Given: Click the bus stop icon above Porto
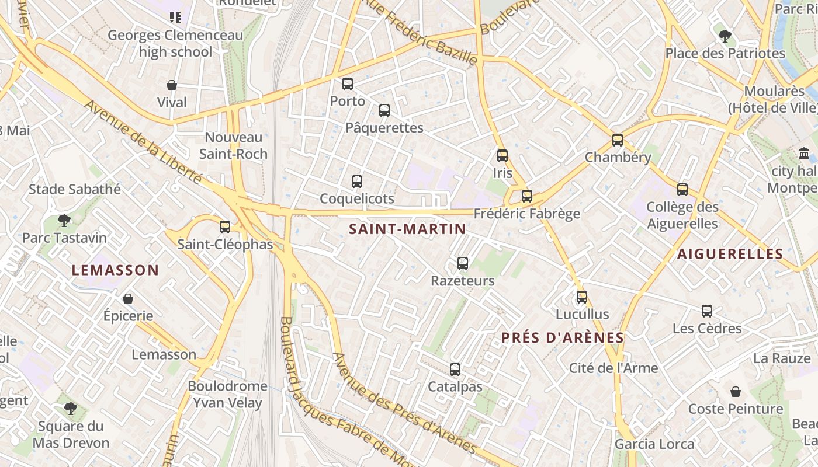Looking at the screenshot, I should (x=348, y=84).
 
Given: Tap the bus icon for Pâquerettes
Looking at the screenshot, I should (x=384, y=110).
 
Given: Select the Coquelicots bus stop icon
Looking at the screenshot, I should (x=357, y=182).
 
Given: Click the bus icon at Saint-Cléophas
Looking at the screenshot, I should (x=225, y=227).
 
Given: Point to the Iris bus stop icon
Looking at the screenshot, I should (x=502, y=156).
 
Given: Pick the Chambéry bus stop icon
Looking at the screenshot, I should (x=618, y=140).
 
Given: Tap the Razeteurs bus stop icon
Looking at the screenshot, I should (x=463, y=263).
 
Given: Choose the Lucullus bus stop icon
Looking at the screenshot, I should (x=582, y=297).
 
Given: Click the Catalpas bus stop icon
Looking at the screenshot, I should (x=455, y=370).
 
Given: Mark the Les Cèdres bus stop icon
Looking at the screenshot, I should (x=707, y=311).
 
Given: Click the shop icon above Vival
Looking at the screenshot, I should (x=172, y=85).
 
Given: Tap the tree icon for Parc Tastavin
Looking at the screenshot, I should (x=64, y=221).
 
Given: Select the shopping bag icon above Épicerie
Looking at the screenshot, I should (x=128, y=299).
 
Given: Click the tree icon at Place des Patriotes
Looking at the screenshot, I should (x=725, y=36).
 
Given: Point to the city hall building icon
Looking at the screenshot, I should (x=804, y=154).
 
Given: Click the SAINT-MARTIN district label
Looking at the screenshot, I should (x=407, y=229).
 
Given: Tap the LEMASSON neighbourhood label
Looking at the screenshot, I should (x=115, y=270).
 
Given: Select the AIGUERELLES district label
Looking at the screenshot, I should (x=730, y=254).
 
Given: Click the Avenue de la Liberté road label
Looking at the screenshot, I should (x=143, y=141).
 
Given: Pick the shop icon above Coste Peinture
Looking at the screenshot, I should (x=736, y=392).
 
